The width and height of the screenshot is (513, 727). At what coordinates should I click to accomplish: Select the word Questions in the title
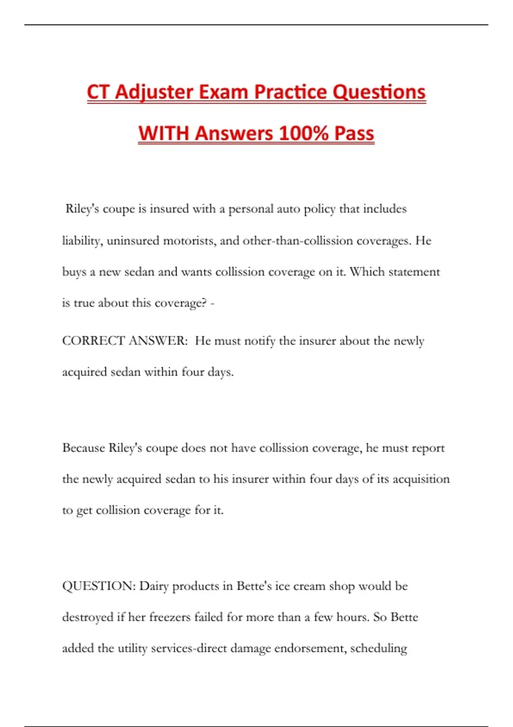point(379,92)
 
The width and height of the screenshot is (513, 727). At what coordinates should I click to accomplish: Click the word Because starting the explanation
point(83,448)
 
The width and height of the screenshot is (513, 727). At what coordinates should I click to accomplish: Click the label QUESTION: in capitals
point(99,586)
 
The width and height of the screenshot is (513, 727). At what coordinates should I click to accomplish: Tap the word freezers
point(170,617)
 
